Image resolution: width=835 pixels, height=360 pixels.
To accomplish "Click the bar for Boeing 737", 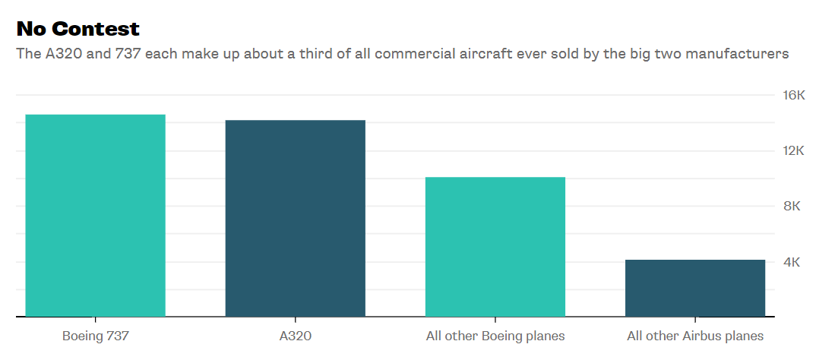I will [95, 215].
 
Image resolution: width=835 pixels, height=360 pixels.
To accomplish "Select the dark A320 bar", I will [295, 218].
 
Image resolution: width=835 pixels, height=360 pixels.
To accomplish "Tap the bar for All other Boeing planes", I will [495, 246].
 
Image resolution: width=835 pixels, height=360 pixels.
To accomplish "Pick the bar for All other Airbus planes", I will [694, 288].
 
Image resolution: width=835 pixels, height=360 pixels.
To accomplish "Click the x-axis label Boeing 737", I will [95, 336].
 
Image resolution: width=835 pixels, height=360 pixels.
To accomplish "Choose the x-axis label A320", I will [295, 336].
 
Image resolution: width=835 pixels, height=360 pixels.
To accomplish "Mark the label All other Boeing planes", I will [495, 336].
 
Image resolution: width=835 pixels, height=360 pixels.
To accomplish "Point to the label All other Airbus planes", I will [694, 336].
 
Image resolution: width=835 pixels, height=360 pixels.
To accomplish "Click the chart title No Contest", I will [78, 29].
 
